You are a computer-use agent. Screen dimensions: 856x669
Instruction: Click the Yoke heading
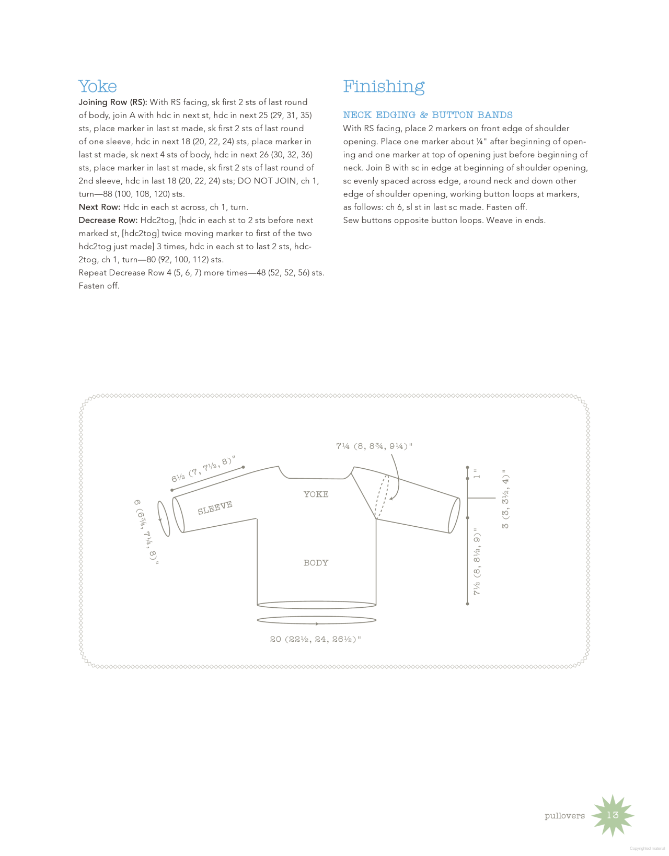coord(98,86)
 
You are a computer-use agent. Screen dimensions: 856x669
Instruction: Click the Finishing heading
coord(384,86)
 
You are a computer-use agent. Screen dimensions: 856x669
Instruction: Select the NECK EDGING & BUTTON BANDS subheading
coord(428,115)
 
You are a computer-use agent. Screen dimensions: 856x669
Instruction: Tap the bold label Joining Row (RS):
coord(113,102)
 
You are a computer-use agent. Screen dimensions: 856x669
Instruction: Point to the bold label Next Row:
coord(99,207)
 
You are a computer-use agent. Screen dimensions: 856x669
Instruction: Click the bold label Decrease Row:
coord(108,221)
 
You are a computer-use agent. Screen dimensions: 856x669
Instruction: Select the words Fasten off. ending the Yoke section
coord(99,286)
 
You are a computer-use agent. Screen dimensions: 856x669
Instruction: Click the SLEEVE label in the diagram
coord(215,507)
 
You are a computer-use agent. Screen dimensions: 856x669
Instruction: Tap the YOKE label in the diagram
coord(316,494)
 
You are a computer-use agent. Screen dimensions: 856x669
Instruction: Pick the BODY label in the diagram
coord(316,563)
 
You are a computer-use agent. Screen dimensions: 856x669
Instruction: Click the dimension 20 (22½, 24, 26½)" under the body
coord(315,639)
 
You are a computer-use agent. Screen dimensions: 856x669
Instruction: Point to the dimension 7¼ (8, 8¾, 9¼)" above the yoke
coord(374,446)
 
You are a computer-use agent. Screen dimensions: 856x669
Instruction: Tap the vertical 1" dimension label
coord(476,474)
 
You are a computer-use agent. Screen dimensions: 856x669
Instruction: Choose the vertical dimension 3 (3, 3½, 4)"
coord(505,499)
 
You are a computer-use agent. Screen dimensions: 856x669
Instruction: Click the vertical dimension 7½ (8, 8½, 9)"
coord(477,561)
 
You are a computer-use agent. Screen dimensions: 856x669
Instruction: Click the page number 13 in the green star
coord(612,815)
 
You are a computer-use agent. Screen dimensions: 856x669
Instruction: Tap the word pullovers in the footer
coord(564,816)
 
